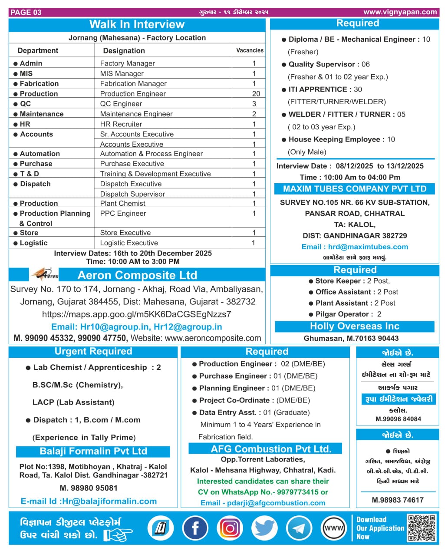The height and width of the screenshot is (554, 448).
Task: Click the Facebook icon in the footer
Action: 195,528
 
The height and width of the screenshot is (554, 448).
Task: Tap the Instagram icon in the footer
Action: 230,528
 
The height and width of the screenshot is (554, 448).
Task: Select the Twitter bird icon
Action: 264,528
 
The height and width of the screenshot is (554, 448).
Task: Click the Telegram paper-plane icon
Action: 299,528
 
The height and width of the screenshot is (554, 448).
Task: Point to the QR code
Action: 422,528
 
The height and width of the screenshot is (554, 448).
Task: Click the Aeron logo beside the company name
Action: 44,275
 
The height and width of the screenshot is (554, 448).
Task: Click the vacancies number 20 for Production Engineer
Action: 256,94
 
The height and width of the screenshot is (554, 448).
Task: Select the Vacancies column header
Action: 250,50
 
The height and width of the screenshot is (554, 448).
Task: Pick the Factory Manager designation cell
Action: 127,63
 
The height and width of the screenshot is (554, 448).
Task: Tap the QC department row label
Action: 25,104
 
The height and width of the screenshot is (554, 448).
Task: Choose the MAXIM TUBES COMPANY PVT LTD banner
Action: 355,189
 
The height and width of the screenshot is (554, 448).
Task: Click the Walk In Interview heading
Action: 137,24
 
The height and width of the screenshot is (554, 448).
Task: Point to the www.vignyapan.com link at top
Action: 400,12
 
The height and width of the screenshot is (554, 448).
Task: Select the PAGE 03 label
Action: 26,12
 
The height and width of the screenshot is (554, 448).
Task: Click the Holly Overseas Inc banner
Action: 354,326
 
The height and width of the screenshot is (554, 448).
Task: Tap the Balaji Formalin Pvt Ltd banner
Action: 93,452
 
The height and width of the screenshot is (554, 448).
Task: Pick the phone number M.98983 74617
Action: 398,500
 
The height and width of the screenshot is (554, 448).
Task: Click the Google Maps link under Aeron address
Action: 136,314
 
